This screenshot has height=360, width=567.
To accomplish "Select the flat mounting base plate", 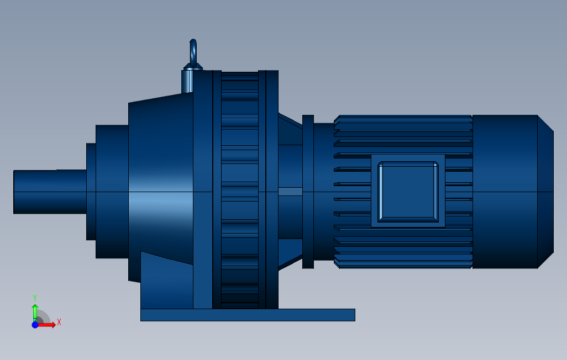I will point(248,315).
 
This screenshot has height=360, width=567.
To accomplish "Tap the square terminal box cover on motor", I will point(408,191).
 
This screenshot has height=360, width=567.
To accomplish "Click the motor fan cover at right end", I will point(504,192).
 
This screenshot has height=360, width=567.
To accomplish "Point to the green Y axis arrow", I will point(34,310).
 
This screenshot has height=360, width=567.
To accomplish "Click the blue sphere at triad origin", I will point(35,325).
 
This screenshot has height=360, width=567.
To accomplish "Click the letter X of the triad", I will point(59,321).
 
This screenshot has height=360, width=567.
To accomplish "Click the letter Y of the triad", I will point(34,297).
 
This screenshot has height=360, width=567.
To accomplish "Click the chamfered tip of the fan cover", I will point(545,192).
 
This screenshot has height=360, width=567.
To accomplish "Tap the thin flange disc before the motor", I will point(308,192).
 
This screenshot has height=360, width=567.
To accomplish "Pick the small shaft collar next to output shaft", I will point(91,192).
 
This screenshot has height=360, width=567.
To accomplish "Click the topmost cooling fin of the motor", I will point(403,118).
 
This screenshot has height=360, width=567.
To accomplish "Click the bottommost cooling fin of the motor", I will point(403,265).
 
